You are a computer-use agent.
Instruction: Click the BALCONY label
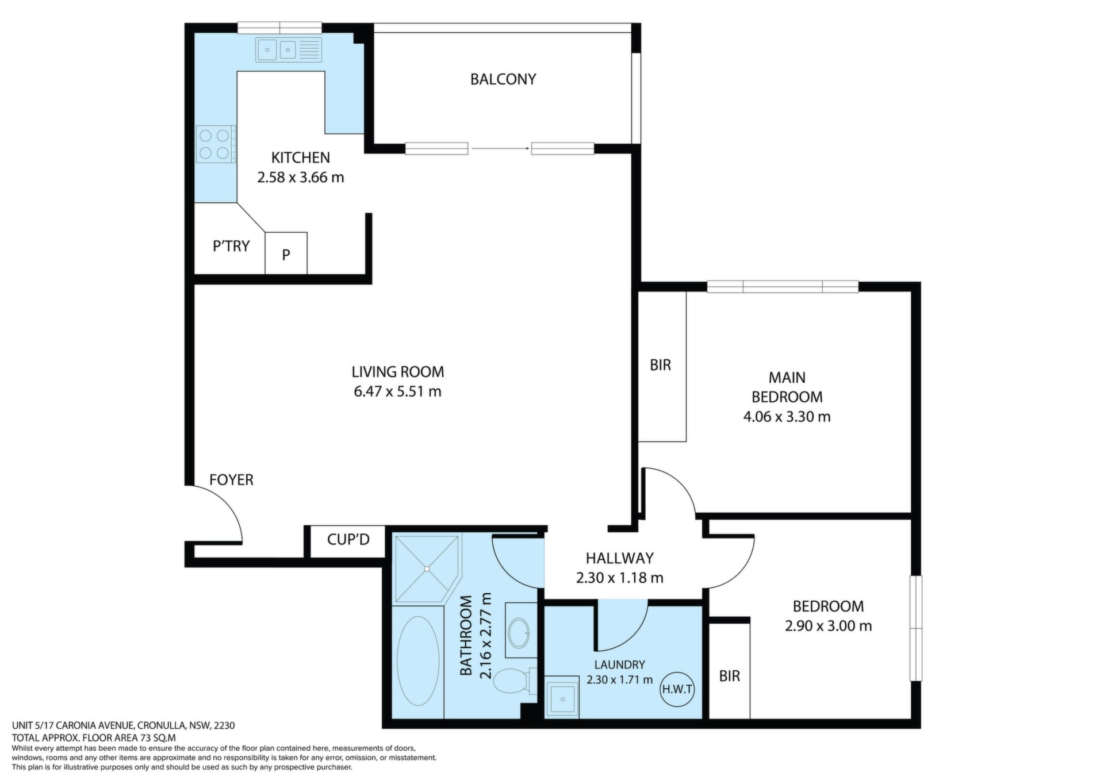[x=503, y=79]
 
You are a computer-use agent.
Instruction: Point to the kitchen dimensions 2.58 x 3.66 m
[x=300, y=178]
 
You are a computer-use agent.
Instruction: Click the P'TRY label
[x=231, y=246]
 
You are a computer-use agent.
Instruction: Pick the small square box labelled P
[x=286, y=253]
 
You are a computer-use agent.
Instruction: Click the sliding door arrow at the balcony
[x=500, y=149]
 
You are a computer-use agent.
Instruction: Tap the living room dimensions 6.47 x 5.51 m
[x=397, y=391]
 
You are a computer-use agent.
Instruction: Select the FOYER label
[x=231, y=480]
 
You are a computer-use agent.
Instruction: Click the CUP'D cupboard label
[x=348, y=540]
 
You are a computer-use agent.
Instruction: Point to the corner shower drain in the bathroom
[x=427, y=569]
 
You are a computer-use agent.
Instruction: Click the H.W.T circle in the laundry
[x=677, y=689]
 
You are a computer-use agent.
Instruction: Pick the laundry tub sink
[x=561, y=697]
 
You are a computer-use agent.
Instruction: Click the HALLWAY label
[x=619, y=558]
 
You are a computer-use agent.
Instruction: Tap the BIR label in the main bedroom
[x=660, y=365]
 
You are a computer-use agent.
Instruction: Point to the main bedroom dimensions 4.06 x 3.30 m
[x=787, y=417]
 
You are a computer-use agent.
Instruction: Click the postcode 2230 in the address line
[x=225, y=725]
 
